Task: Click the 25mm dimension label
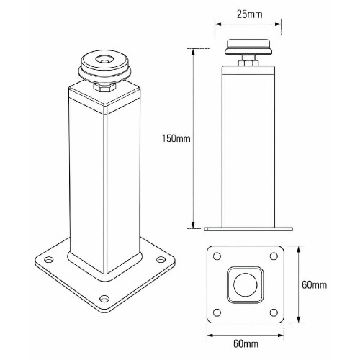point(250,14)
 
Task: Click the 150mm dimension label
point(176,138)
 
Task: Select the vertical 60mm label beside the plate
point(315,284)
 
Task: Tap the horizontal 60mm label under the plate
point(246,343)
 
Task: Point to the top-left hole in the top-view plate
point(217,256)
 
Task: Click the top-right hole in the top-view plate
point(274,256)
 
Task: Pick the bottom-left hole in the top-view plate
point(217,312)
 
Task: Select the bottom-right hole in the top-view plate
point(274,312)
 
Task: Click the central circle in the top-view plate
point(246,284)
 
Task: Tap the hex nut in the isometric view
point(104,86)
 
